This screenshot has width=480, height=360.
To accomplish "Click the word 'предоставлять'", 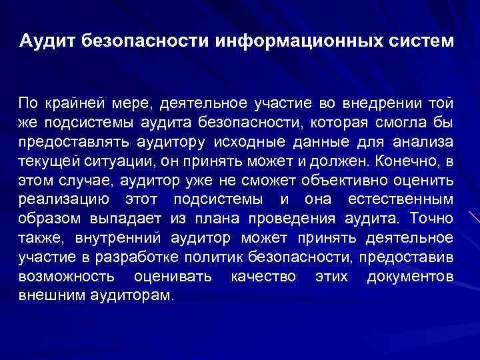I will [x=64, y=142].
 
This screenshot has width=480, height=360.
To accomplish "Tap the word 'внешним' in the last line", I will [x=46, y=295].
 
